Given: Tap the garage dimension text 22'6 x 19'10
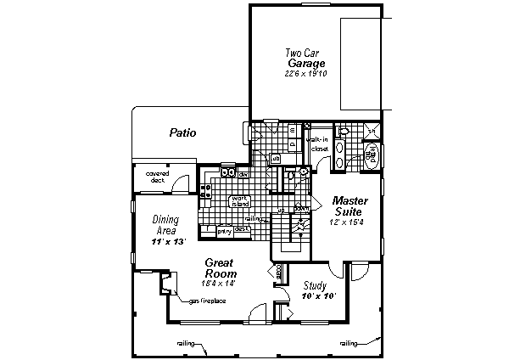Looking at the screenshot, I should [305, 75].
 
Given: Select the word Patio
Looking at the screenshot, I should [182, 133].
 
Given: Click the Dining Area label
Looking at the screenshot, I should [166, 224].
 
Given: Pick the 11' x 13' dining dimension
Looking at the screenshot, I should [168, 242].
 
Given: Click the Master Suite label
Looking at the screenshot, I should [350, 205].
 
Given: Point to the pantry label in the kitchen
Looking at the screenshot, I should [224, 230].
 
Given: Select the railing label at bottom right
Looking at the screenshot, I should [348, 344].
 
